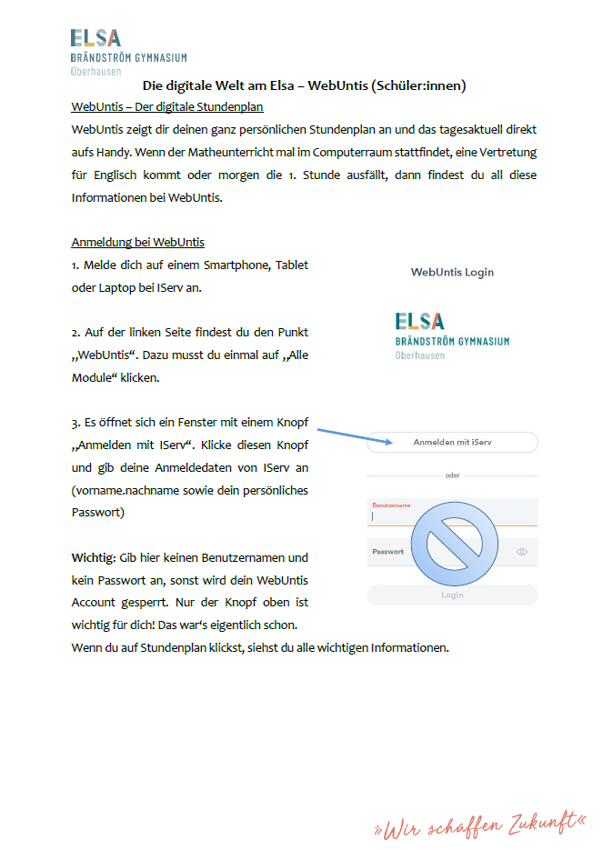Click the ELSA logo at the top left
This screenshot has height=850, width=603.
coord(95,38)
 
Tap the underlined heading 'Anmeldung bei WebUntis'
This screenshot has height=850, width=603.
coord(137,242)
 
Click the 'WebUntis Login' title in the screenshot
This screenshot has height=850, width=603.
coord(452,272)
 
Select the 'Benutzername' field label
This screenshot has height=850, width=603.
coord(391,504)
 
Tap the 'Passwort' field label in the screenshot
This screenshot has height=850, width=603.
coord(388,552)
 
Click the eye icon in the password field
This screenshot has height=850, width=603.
coord(522,552)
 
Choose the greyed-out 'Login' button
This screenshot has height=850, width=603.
coord(452,595)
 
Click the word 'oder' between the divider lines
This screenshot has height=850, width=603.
coord(452,475)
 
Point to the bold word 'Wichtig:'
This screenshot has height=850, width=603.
coord(92,557)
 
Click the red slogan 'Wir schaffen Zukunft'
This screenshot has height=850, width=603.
coord(480,825)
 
